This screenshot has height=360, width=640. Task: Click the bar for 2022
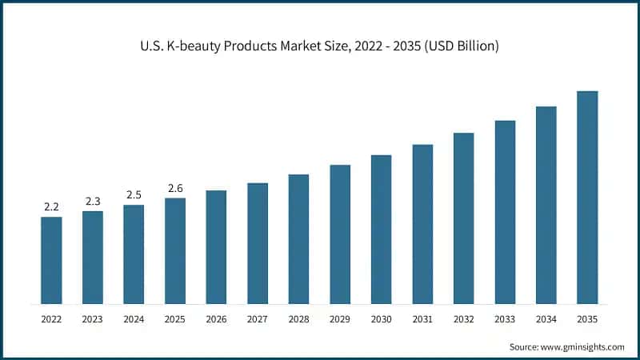[x=51, y=260]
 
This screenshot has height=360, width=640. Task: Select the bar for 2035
[x=587, y=198]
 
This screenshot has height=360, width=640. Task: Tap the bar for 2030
[x=381, y=230]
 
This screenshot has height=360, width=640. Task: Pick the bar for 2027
[x=258, y=243]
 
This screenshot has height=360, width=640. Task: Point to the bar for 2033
[x=505, y=212]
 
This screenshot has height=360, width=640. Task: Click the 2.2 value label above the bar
[x=51, y=206]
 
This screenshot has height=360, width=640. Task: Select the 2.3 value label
[x=93, y=201]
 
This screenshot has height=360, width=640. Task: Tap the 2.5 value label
[x=134, y=194]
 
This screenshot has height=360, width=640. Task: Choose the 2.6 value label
[x=175, y=188]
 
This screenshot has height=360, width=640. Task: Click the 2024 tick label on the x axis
[x=134, y=319]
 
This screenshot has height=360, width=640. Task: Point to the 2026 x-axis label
[x=216, y=319]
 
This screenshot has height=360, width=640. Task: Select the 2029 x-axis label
[x=340, y=319]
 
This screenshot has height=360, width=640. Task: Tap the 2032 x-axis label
[x=463, y=319]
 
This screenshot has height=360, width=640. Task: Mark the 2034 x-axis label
[x=546, y=319]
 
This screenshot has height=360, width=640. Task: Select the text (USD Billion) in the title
[x=460, y=46]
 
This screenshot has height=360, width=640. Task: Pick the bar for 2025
[x=175, y=250]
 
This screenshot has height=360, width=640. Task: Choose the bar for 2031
[x=422, y=224]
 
